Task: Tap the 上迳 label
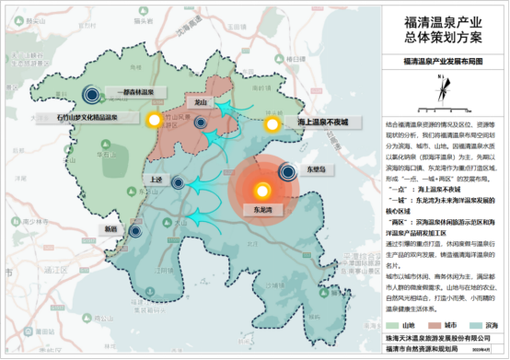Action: [154, 180]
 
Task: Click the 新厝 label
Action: [111, 227]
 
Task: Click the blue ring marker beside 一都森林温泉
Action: [91, 92]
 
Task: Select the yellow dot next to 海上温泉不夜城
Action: [272, 124]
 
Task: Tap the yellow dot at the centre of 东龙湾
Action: [262, 191]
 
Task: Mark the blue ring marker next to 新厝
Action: [136, 232]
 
